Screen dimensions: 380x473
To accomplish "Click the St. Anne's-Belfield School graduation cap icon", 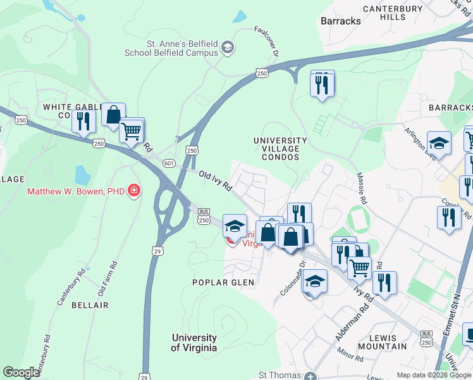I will point(228,47).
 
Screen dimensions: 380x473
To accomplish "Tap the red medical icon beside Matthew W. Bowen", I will point(133,191).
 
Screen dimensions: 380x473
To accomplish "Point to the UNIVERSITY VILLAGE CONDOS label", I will point(279,148).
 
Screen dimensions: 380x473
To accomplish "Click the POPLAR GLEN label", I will point(224,282).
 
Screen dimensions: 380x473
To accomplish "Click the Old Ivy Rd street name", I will point(216,181).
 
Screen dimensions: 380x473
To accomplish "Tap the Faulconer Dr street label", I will point(266,41).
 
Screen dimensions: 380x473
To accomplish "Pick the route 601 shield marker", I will point(168,163).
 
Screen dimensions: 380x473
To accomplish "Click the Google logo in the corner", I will point(21,372).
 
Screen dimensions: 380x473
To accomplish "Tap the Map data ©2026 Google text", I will point(434,375).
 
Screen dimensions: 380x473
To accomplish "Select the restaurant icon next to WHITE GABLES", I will point(83,121).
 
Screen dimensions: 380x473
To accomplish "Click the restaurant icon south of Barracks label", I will point(322,83).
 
